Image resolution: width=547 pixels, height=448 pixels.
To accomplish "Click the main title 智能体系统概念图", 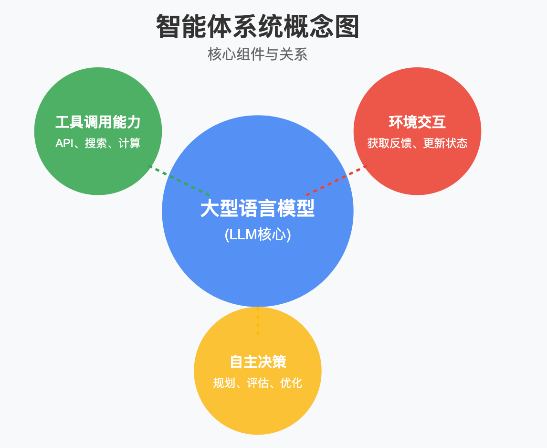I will (258, 27).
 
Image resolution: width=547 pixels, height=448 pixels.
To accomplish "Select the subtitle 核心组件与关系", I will (258, 54).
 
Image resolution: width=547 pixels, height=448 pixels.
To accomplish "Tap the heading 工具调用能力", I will (98, 122).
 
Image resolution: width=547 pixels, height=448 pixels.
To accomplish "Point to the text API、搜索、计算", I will (98, 143).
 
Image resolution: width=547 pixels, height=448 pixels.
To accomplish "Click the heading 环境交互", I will (417, 122).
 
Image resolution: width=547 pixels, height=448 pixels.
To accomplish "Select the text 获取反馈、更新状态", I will (417, 143).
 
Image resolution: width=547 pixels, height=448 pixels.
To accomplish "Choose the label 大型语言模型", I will (257, 209).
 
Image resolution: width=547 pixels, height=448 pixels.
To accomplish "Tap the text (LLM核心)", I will (257, 235).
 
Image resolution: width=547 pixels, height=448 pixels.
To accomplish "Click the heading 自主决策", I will (258, 362).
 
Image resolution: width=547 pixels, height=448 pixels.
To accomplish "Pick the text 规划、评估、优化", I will (258, 383).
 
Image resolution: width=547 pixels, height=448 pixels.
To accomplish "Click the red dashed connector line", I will (336, 181).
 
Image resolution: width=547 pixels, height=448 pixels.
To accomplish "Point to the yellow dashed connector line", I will (258, 321).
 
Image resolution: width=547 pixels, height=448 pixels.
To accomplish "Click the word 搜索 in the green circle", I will (96, 143).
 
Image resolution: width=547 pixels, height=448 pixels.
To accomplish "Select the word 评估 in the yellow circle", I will (258, 383).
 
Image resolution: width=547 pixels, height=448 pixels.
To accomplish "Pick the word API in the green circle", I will (64, 143).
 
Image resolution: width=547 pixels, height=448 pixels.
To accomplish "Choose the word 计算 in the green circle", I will (129, 143).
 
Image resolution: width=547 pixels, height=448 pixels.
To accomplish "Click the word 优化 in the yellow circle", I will (291, 383).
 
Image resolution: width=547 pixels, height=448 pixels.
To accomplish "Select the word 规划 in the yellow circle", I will (224, 383).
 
